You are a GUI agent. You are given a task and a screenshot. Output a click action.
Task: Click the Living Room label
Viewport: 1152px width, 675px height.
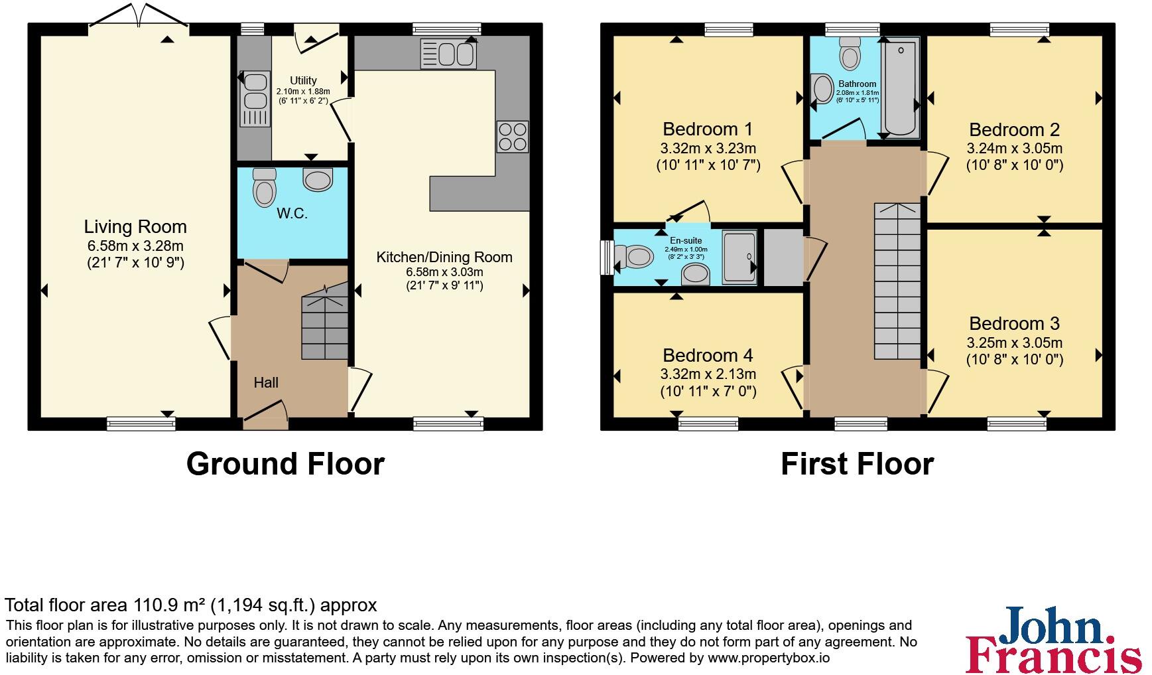135,227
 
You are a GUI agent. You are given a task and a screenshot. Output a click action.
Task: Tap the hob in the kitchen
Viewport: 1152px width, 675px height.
512,137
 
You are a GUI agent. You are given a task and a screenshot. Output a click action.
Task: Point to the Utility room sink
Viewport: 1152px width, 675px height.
255,92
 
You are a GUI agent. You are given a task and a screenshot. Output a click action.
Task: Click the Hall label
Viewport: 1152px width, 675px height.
266,383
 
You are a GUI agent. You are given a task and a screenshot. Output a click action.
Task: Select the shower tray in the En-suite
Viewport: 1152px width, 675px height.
739,257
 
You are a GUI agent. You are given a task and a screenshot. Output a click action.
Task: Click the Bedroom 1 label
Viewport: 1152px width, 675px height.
708,129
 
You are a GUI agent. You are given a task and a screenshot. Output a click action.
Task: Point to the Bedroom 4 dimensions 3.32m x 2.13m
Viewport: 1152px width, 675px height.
708,374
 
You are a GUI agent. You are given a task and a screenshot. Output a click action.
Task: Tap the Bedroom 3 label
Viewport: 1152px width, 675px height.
1014,324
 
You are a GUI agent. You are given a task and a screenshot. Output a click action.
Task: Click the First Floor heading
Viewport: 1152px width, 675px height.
857,464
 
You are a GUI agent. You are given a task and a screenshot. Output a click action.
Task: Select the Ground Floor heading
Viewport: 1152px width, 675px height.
285,464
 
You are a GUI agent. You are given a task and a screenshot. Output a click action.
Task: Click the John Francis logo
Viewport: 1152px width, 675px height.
1053,640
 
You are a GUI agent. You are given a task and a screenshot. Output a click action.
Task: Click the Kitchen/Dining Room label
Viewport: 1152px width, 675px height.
444,257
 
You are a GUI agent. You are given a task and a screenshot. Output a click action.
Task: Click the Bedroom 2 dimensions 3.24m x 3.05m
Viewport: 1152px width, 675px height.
1014,149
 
